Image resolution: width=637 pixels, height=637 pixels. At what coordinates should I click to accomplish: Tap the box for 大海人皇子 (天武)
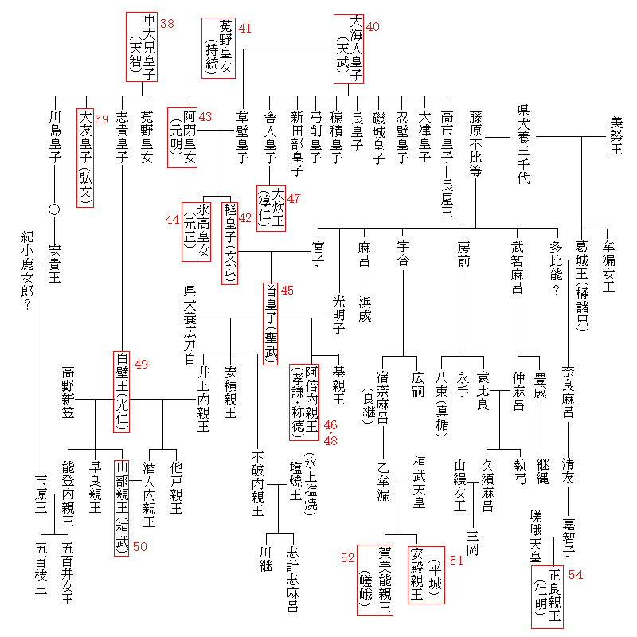[349, 47]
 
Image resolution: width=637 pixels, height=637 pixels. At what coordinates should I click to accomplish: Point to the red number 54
[576, 575]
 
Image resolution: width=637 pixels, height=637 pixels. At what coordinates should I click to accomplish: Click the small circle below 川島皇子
[54, 210]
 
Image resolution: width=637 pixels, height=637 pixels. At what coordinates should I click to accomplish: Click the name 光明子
[338, 307]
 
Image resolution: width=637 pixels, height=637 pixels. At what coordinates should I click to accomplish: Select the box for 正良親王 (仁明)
[547, 596]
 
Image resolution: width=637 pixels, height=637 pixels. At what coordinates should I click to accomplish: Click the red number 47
[294, 198]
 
